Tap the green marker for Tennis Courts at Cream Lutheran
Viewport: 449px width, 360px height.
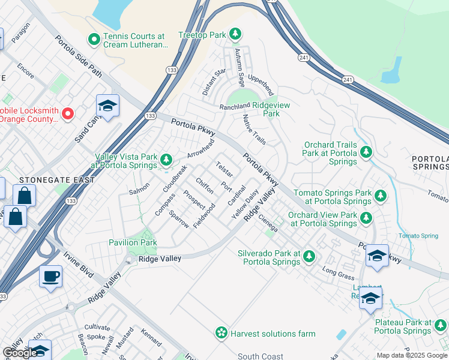(x=94, y=40)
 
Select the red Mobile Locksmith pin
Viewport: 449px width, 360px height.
(x=68, y=113)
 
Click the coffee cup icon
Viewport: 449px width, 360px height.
(x=51, y=277)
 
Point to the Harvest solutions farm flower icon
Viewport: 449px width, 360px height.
(x=221, y=332)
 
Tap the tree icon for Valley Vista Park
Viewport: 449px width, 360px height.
(x=166, y=160)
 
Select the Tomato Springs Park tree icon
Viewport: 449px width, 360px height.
(x=379, y=196)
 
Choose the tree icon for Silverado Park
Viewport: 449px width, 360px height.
(x=309, y=256)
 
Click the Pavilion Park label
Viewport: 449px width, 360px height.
(x=133, y=242)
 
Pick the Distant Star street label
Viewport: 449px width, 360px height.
(x=214, y=82)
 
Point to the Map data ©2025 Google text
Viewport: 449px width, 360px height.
(x=411, y=355)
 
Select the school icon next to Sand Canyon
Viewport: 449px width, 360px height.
(x=107, y=107)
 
